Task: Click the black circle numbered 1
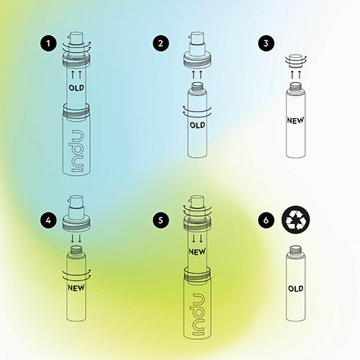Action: click(x=48, y=43)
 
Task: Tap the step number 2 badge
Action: click(x=161, y=43)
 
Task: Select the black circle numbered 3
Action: click(x=266, y=43)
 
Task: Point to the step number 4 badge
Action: click(x=48, y=220)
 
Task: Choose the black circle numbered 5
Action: click(x=161, y=220)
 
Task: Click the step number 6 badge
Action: click(x=266, y=220)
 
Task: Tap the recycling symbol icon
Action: click(x=296, y=220)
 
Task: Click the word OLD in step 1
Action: click(x=76, y=88)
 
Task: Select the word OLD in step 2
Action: click(x=197, y=125)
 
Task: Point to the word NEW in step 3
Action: click(x=296, y=120)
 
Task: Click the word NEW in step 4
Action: click(x=76, y=287)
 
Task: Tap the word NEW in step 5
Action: click(x=197, y=252)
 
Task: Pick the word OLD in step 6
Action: click(x=296, y=289)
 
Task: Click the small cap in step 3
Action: click(x=296, y=61)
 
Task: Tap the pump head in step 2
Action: click(x=197, y=50)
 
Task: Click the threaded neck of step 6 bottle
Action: click(x=296, y=251)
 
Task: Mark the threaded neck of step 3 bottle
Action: click(x=296, y=88)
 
